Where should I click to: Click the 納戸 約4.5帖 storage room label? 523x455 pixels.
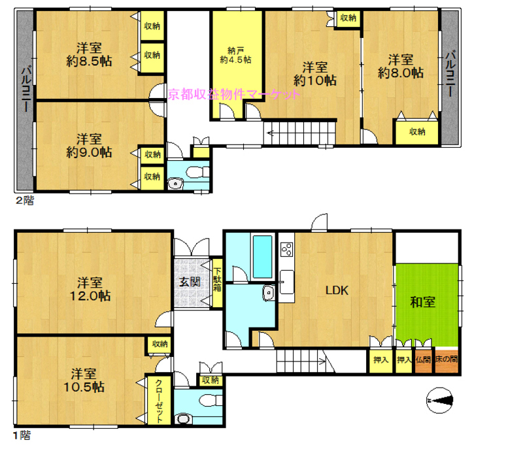(x=235, y=56)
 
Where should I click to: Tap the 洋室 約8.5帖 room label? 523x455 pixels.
(x=89, y=55)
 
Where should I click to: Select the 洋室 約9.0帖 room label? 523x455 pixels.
(x=89, y=146)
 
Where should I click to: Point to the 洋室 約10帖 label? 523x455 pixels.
(x=315, y=74)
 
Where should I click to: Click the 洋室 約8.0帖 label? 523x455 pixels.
(x=401, y=67)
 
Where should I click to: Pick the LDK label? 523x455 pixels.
(x=337, y=290)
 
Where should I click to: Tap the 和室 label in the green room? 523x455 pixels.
(x=422, y=302)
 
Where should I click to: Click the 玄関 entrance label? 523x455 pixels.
(x=190, y=282)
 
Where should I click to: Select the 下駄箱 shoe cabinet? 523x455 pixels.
(x=218, y=283)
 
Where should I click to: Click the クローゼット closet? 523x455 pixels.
(x=159, y=400)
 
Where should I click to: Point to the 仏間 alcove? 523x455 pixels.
(x=423, y=360)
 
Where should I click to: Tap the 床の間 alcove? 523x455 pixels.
(x=447, y=360)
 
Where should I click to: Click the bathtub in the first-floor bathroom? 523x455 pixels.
(x=263, y=256)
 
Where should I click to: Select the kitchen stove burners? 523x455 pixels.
(x=287, y=249)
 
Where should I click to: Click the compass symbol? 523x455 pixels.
(x=440, y=400)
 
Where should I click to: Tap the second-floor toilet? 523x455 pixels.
(x=197, y=173)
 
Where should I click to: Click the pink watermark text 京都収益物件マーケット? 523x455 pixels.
(x=234, y=95)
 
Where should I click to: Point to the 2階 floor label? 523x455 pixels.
(x=25, y=201)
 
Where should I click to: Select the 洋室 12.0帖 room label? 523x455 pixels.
(x=90, y=289)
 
